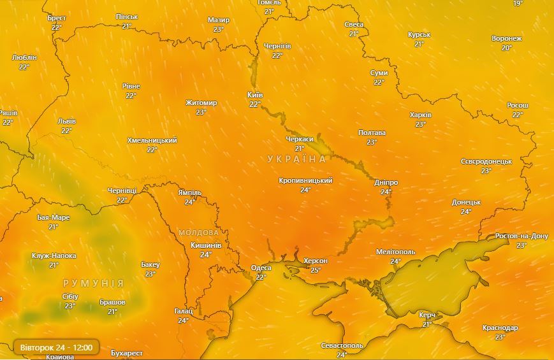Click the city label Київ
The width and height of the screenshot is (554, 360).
point(255,95)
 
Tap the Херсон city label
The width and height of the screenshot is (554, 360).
point(316,261)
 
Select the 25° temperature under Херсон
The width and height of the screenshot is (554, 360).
point(316,270)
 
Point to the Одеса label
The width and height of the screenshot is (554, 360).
point(261,268)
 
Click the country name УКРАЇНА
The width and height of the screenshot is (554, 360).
point(296,159)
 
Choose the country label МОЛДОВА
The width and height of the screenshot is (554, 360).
point(200,233)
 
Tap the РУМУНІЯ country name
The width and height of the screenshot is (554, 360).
point(93,282)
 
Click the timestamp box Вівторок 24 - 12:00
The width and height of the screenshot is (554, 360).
point(56,347)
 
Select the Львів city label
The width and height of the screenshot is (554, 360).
point(66,121)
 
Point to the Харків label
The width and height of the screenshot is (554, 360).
point(420,115)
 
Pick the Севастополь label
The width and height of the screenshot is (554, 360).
point(342,345)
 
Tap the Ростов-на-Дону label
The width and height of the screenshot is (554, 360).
point(521,236)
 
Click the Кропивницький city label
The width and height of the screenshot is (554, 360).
point(305,181)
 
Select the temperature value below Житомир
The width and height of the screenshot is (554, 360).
point(201,112)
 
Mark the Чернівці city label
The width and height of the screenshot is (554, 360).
point(122,191)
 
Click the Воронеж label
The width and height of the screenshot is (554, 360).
point(507,39)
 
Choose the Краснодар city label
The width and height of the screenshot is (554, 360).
point(500,328)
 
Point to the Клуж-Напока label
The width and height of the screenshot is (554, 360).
point(54,256)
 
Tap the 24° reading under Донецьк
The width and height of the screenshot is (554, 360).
point(466,212)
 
